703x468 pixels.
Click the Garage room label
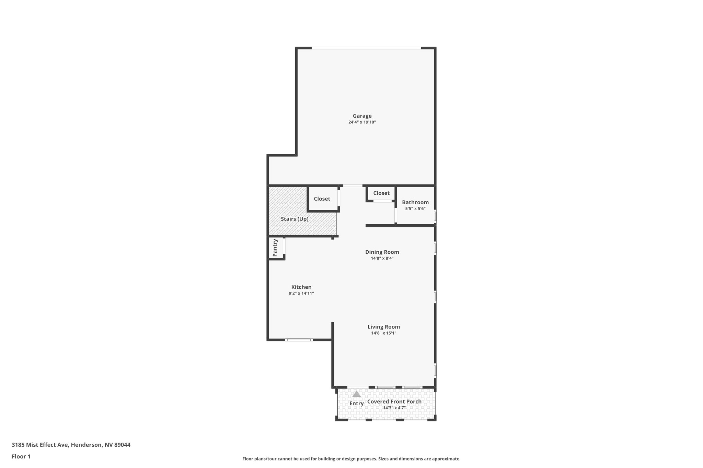(362, 116)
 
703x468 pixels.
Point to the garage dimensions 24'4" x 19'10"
(362, 122)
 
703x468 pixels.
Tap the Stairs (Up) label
(295, 219)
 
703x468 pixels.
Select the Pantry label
(275, 248)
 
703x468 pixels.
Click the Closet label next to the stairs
(322, 199)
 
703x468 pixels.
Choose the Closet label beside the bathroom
(381, 193)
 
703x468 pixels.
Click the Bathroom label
(415, 202)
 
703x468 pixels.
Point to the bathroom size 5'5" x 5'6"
(415, 208)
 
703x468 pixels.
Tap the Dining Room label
(382, 252)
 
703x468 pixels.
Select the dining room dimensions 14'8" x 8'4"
(382, 259)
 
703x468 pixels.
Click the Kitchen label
(301, 287)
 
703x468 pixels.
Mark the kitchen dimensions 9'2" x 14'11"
(301, 293)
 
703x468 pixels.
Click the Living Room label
(384, 327)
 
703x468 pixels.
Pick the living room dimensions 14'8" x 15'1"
(384, 333)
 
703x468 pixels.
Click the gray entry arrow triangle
(357, 394)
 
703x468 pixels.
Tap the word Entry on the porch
(357, 404)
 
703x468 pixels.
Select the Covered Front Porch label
(394, 401)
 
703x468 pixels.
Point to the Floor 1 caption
(21, 456)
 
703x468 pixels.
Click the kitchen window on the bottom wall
(299, 340)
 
